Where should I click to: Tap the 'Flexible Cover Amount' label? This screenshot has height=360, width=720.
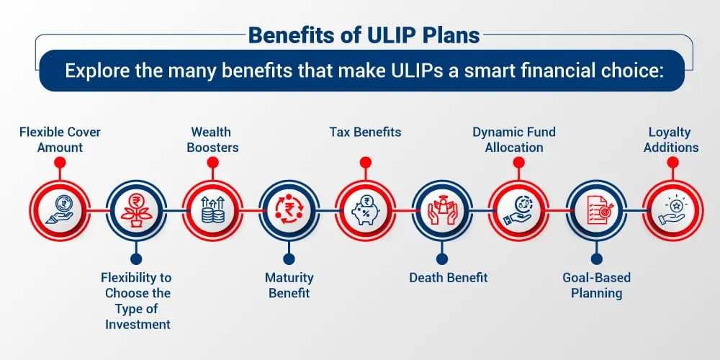(60, 140)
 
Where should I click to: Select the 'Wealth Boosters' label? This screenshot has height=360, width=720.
(212, 140)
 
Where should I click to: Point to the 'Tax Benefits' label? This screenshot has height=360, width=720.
(365, 132)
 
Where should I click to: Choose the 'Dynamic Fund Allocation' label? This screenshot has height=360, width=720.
(514, 140)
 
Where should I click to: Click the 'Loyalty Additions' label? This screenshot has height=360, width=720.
(671, 140)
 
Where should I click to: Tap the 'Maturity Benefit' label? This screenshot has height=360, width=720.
(289, 285)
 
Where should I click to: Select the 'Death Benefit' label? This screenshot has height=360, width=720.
(448, 278)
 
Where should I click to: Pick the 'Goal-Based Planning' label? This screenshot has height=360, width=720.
(596, 285)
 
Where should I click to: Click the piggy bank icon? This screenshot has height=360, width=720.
(365, 210)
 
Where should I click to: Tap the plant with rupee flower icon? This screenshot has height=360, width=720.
(136, 210)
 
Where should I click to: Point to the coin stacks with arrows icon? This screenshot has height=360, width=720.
(212, 210)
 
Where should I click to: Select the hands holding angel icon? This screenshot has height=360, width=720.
(442, 210)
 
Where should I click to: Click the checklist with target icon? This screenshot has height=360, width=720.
(596, 210)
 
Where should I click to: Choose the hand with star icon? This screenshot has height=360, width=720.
(672, 210)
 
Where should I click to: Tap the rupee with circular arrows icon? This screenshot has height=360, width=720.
(289, 210)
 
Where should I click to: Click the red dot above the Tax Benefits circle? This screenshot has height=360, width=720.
(366, 162)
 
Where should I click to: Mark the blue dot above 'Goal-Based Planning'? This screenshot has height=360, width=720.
(596, 259)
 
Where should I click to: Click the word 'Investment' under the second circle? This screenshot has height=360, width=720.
(138, 324)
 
